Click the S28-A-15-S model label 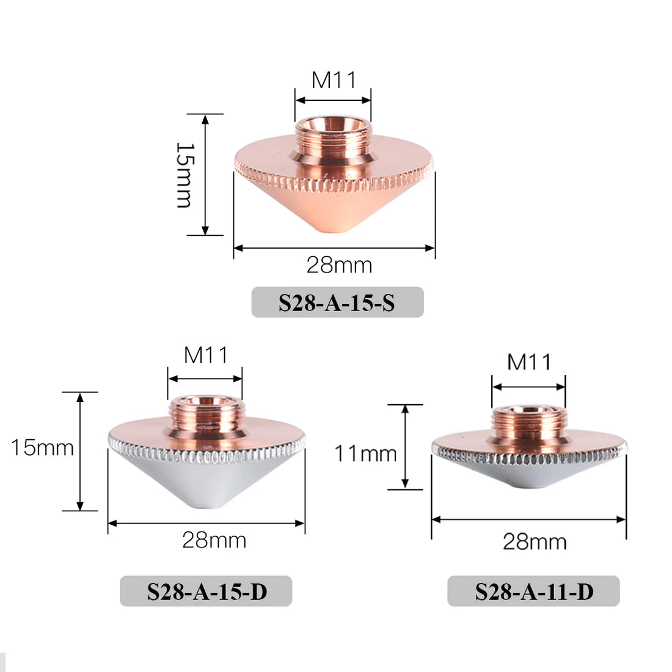(x=337, y=302)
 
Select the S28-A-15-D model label (x=206, y=591)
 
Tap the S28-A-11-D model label (x=533, y=591)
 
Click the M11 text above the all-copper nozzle (x=334, y=80)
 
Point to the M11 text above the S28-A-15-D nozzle (x=206, y=355)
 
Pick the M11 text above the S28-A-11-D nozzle (x=529, y=362)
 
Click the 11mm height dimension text (x=365, y=453)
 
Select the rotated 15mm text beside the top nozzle (x=184, y=175)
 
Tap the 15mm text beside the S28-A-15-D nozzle (x=42, y=448)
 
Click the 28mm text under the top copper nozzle (x=339, y=265)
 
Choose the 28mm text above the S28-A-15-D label (x=214, y=540)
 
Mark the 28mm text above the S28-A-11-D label (x=535, y=541)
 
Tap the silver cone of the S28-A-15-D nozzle (x=206, y=483)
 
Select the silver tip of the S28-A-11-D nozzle (x=529, y=483)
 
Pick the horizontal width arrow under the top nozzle (x=334, y=248)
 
